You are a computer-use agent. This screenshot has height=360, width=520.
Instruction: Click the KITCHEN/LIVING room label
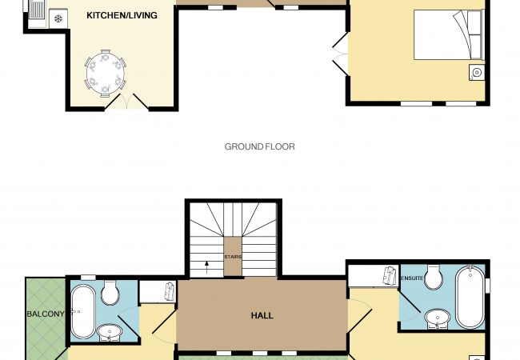tap(122, 15)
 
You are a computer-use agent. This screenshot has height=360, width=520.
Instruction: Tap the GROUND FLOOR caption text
tap(260, 146)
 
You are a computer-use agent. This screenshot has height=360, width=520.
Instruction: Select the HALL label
tap(262, 315)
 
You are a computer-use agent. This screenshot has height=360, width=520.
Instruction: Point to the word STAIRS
tap(233, 257)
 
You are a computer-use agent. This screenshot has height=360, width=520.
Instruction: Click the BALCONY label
tap(46, 314)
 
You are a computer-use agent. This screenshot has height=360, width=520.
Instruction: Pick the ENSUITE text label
tap(412, 278)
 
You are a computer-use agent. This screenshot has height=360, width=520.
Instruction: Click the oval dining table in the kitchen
tap(106, 74)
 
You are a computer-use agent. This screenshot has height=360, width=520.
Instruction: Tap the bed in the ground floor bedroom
tap(449, 35)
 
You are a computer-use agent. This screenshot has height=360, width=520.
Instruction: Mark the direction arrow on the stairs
tap(206, 267)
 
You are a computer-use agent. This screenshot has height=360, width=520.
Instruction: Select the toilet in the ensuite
tap(434, 277)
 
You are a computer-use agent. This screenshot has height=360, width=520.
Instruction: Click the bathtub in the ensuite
tap(470, 298)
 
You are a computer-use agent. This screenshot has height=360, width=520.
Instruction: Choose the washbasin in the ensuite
tap(438, 319)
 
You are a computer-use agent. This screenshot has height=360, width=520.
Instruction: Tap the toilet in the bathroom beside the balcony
tap(110, 292)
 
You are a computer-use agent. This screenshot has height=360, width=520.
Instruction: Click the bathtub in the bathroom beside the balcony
tap(83, 312)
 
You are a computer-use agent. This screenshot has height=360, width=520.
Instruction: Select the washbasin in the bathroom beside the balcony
tap(110, 332)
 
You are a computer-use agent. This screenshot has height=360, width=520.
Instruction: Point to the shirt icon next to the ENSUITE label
tap(390, 275)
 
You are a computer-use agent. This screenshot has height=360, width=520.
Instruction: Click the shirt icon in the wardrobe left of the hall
tap(170, 291)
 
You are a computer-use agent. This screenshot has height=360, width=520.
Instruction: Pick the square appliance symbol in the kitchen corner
tap(58, 18)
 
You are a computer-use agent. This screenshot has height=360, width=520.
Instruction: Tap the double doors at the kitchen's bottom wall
tap(126, 101)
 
